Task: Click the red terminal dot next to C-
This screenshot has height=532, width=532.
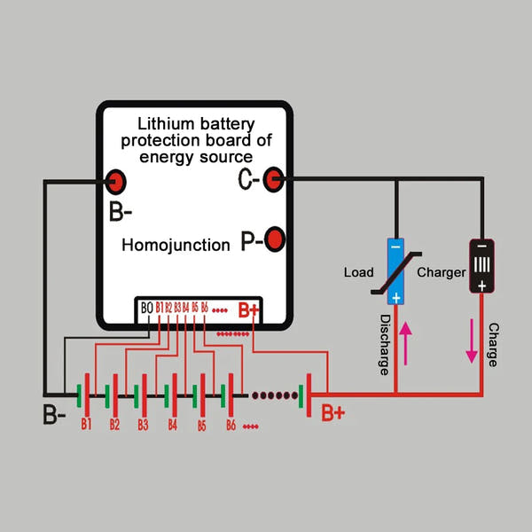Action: pos(275,180)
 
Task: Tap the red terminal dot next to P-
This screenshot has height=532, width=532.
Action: pos(276,240)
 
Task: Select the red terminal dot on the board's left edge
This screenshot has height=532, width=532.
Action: pos(115,183)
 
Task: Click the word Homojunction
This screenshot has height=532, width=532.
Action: pos(176,245)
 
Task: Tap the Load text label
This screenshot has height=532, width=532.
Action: pos(358,272)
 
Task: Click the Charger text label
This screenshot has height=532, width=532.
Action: pos(441,272)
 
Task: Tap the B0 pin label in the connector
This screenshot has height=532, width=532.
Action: pos(146,308)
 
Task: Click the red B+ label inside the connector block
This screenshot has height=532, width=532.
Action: pos(247,311)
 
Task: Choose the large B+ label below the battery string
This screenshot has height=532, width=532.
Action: pos(333,413)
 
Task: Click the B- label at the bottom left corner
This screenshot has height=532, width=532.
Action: pos(54,413)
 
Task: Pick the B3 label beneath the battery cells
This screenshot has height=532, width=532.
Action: pos(142,425)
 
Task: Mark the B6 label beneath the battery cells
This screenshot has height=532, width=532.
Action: pos(230,426)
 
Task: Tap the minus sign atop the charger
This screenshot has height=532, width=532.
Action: pos(481,246)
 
